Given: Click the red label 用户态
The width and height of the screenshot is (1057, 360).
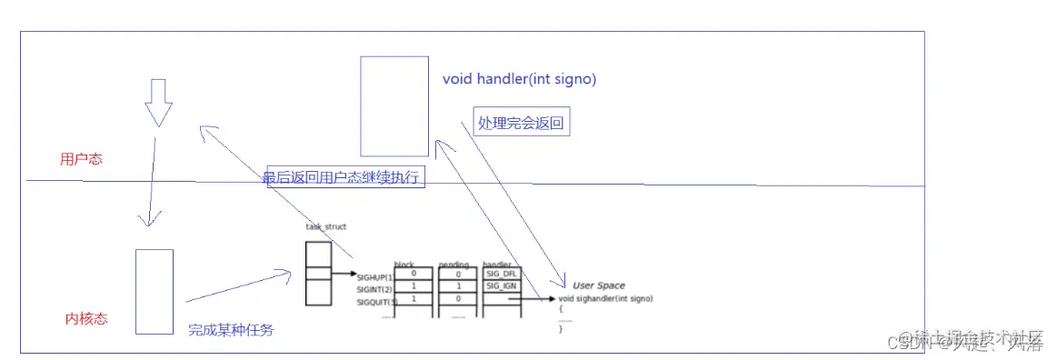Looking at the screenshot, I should [81, 159].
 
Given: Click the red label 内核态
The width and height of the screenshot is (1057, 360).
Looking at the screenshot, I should [86, 318].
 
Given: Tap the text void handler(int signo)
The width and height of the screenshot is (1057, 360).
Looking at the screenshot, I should [519, 79].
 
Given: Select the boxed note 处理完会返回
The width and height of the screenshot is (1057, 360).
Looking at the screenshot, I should [522, 123].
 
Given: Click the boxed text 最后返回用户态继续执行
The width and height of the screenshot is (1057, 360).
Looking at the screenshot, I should [344, 177].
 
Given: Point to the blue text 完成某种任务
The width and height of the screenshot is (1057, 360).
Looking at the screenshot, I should [230, 330].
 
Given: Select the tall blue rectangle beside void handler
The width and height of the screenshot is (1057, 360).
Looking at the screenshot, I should [394, 106].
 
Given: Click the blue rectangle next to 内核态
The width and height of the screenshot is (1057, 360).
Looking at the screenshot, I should [155, 291].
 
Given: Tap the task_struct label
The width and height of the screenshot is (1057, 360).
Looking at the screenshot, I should [326, 226].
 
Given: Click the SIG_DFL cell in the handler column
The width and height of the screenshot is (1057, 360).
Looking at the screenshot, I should [501, 274].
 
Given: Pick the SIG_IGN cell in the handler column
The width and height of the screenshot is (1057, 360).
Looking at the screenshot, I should [501, 286].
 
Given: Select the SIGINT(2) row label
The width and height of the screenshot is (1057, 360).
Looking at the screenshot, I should [374, 289].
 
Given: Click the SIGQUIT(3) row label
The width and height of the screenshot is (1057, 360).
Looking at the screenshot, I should [376, 301].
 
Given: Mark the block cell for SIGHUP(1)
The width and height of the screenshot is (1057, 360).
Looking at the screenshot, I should [414, 274].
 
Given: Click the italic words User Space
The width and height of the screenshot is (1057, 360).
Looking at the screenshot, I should [598, 285].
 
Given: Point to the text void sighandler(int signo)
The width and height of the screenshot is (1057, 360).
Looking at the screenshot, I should [605, 298].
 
